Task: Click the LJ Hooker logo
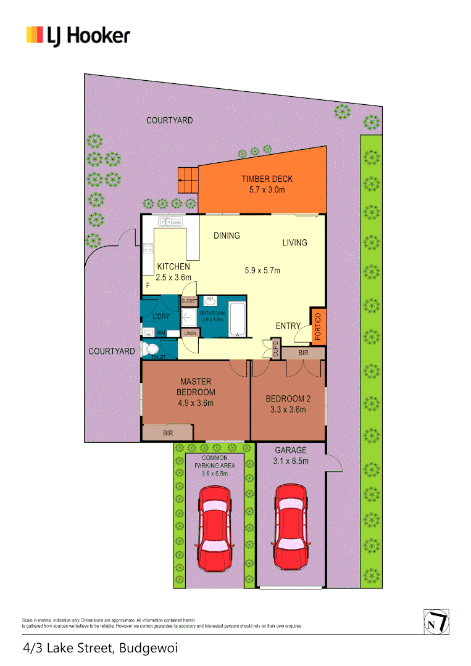coord(78,35)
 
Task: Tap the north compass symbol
coord(436,621)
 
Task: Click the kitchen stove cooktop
coord(148,249)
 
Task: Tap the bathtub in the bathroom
coord(237,319)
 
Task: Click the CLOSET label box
coord(189,301)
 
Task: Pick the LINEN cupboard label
coord(190,334)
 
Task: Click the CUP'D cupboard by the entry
coord(275,349)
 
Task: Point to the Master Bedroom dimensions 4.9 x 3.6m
coord(196,403)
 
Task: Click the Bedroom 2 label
coord(288,398)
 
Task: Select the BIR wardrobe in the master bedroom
coord(167,434)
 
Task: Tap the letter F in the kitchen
coord(148,286)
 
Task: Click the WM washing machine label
coord(160,333)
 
